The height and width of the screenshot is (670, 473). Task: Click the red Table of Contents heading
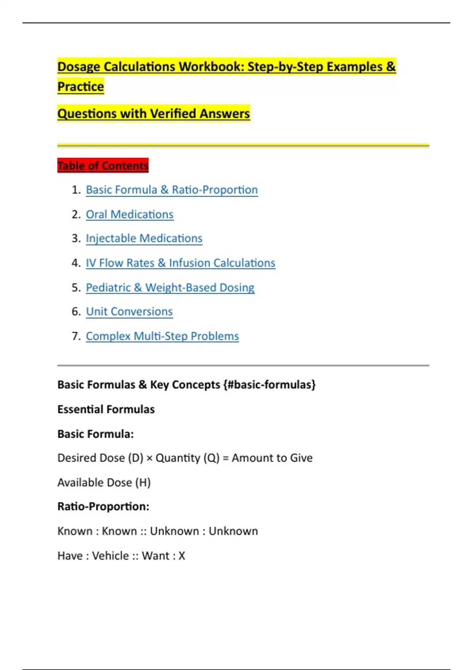click(x=103, y=166)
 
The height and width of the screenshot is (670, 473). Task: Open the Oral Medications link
click(x=130, y=214)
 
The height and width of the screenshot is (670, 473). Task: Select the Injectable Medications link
click(x=144, y=238)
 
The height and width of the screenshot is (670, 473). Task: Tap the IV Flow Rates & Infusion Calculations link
click(x=181, y=263)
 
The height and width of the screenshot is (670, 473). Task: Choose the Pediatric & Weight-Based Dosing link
click(x=170, y=288)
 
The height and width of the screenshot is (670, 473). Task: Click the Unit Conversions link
click(x=129, y=312)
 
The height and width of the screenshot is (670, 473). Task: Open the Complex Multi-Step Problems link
click(x=162, y=336)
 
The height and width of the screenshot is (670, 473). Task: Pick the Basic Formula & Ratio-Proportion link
click(x=172, y=190)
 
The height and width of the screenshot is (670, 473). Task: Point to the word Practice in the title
click(x=81, y=87)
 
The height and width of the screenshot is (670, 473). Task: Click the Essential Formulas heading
click(x=106, y=409)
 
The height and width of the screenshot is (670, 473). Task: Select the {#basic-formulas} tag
click(x=269, y=385)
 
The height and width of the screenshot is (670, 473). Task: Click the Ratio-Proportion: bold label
click(x=103, y=506)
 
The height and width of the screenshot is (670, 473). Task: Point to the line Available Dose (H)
click(x=104, y=482)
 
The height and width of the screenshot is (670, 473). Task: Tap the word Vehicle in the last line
click(x=110, y=556)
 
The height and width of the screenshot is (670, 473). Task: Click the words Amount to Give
click(x=272, y=458)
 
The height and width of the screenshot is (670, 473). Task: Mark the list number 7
click(x=76, y=336)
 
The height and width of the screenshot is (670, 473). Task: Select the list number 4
click(x=76, y=263)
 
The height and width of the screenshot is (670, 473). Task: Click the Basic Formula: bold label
click(x=95, y=434)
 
